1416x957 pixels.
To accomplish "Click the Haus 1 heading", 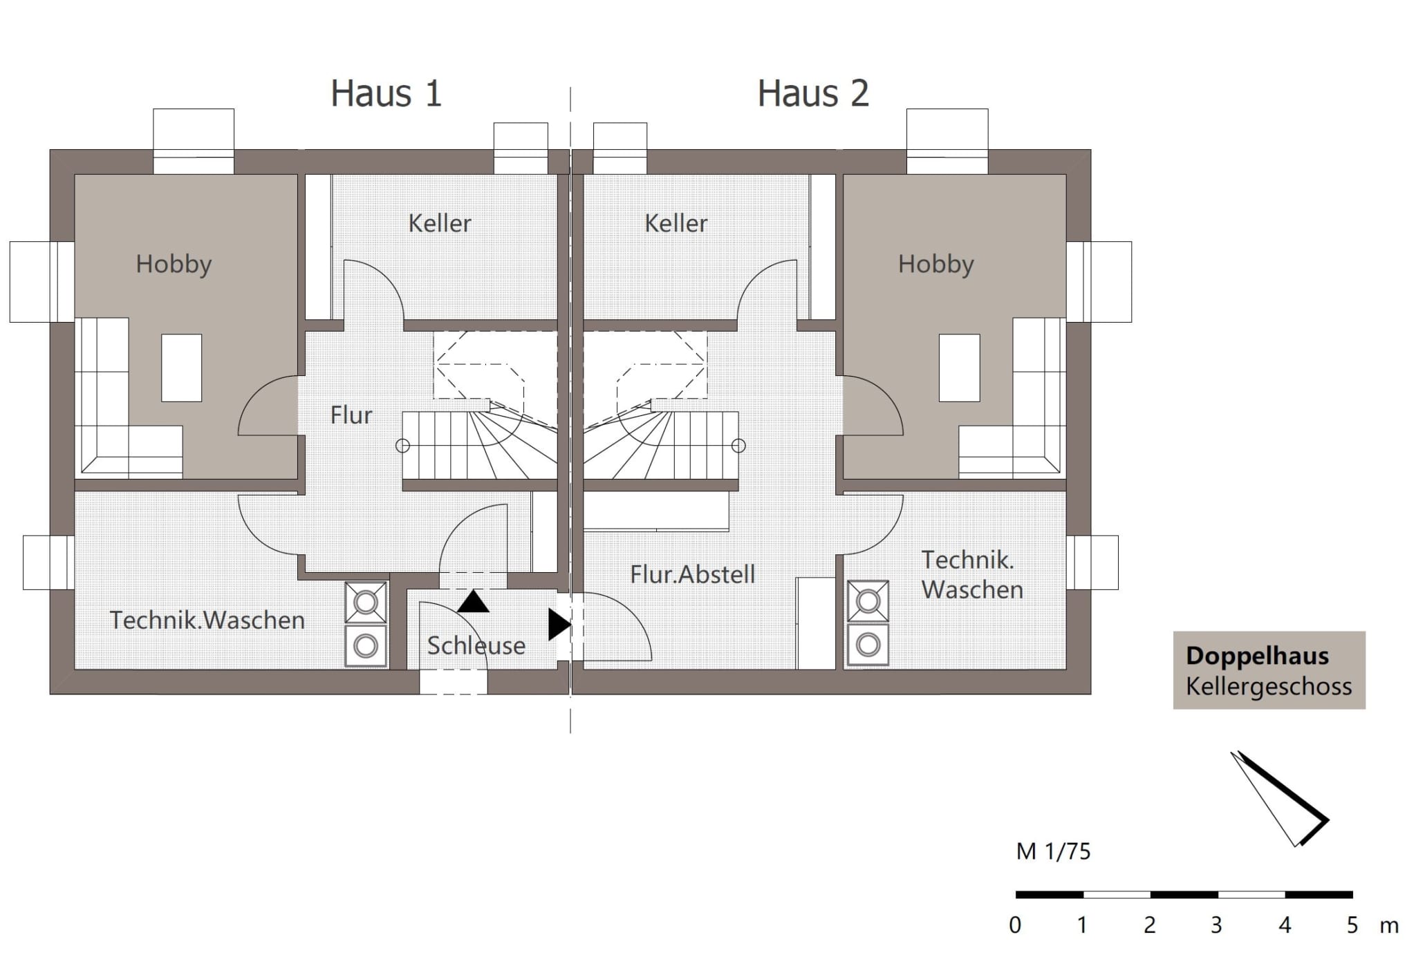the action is coord(386,93).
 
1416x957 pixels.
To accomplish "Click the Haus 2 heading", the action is coord(813,93).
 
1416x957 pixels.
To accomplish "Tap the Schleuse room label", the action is coord(476,645).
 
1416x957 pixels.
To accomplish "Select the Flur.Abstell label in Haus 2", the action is coord(692,574).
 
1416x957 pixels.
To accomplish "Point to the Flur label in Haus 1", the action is coord(351,415).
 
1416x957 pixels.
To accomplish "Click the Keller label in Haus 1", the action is coord(440,223).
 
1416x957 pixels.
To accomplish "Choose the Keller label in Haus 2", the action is coord(676,223).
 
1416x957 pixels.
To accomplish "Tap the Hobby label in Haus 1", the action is coord(174,265).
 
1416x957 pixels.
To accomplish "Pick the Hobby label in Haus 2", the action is coord(936,265).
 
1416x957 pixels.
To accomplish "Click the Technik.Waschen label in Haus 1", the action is coord(207,620).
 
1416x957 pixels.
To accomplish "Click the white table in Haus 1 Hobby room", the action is coord(182,368).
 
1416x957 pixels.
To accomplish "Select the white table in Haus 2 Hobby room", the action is coord(959,368).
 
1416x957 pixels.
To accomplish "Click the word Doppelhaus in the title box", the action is coord(1258,656).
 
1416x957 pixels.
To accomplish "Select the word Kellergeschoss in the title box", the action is coord(1269,686).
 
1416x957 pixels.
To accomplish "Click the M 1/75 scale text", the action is coord(1053,851).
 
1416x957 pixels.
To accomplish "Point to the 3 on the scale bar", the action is coord(1217,925).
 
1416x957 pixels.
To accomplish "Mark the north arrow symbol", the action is coord(1279,798).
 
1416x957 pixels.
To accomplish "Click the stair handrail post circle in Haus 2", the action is coord(738,446).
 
